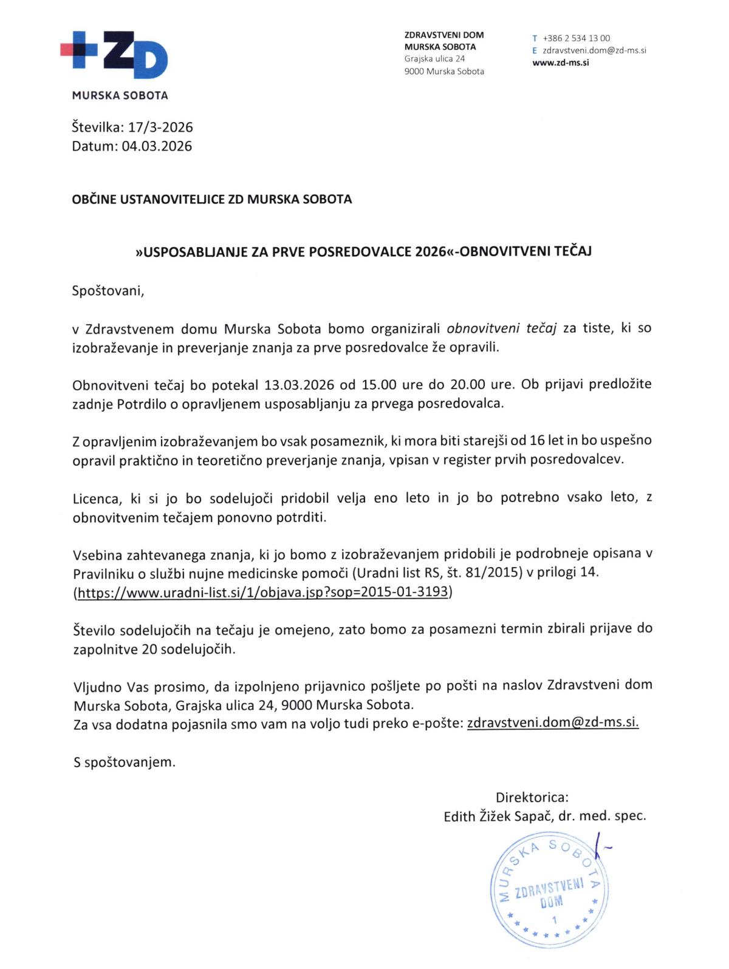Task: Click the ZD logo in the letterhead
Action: (x=114, y=55)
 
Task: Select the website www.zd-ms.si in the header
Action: (x=561, y=62)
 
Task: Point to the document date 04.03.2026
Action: (x=157, y=146)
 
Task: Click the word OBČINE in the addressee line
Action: (x=92, y=199)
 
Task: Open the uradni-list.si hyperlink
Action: (x=262, y=592)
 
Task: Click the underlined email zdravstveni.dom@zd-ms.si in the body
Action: (x=553, y=722)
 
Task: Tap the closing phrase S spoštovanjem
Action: (x=125, y=762)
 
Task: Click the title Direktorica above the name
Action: (x=532, y=797)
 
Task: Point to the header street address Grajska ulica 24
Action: (x=435, y=59)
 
